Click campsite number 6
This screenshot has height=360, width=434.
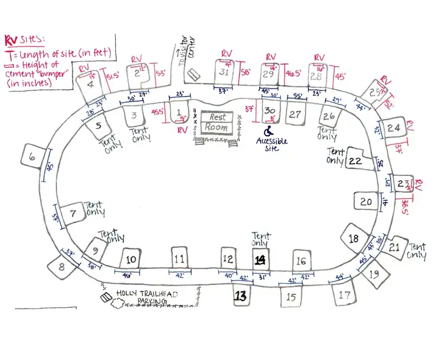[32, 158]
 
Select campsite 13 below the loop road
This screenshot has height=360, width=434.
[240, 296]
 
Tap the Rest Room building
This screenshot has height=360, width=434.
[217, 122]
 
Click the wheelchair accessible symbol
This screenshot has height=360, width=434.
[269, 131]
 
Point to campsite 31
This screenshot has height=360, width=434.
[224, 72]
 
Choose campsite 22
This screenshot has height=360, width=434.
[355, 160]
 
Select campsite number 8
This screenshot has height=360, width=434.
[61, 267]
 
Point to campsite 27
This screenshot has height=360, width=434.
[296, 114]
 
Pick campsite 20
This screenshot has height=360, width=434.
[366, 202]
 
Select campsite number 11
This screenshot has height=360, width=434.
[179, 258]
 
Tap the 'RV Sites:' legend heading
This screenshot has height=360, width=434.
[21, 41]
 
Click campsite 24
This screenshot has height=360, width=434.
[393, 128]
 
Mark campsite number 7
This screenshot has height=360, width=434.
[73, 214]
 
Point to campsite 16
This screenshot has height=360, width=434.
[301, 261]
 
